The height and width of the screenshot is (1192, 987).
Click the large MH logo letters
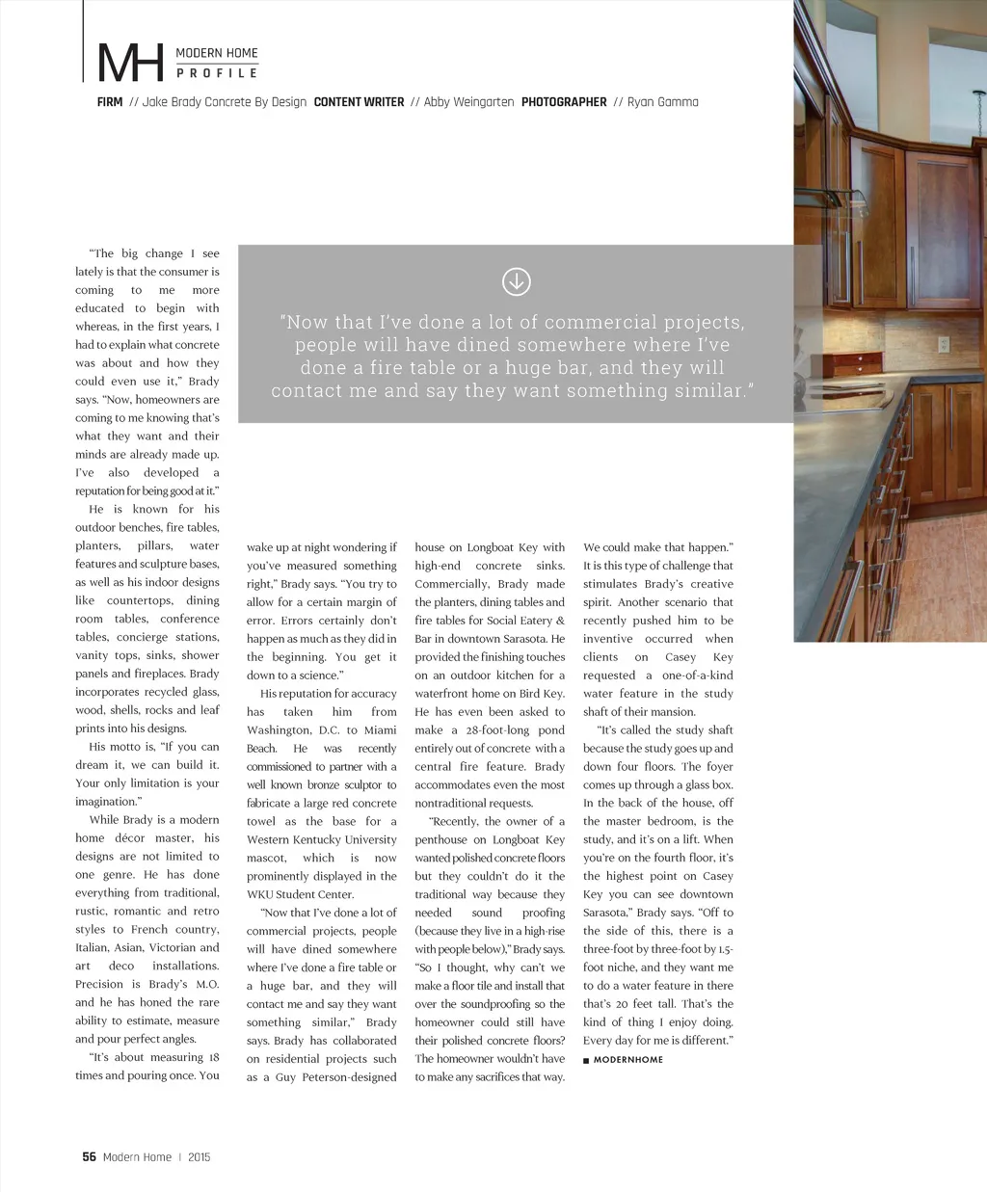coord(131,64)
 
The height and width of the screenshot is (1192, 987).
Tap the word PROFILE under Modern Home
coord(217,73)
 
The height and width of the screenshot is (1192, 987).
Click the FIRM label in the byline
coord(110,102)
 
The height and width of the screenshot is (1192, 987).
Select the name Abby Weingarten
coord(468,102)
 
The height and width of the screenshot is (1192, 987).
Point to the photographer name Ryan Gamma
coord(662,102)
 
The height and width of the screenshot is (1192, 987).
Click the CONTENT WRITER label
coord(359,102)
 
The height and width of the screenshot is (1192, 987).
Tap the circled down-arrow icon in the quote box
coord(517,281)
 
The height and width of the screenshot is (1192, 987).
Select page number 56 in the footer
coord(89,1157)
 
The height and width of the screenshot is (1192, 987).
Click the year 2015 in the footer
coord(199,1157)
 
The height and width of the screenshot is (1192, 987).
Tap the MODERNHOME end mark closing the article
coord(627,1060)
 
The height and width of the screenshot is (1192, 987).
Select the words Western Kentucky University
coord(321,840)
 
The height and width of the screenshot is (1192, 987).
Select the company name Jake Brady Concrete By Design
coord(224,102)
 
